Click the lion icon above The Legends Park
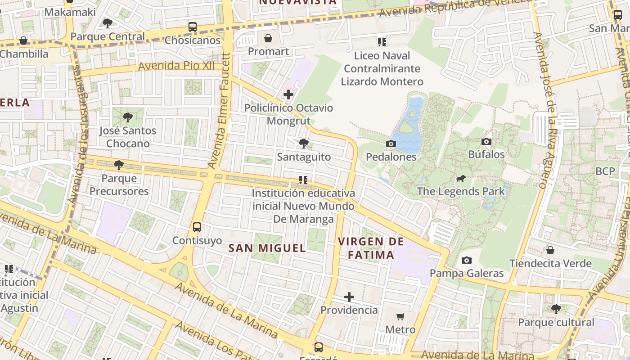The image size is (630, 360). [x=461, y=179]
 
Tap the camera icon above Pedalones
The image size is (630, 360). [x=391, y=144]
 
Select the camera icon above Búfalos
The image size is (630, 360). [x=486, y=142]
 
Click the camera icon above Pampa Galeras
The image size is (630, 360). [x=467, y=260]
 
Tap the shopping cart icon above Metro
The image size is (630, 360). [x=400, y=316]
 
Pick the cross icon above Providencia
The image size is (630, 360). [x=349, y=297]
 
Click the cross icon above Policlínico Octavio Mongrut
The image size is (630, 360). [x=288, y=94]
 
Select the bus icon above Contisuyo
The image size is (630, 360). [x=197, y=227]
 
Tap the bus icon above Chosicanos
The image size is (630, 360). [x=193, y=27]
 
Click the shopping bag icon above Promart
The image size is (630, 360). [x=268, y=38]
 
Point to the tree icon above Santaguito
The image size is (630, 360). [x=304, y=144]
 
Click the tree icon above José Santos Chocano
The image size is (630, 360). [x=128, y=117]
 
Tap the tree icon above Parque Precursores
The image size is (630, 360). [x=119, y=165]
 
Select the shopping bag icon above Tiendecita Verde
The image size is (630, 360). [x=550, y=250]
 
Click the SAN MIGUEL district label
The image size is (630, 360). [x=267, y=248]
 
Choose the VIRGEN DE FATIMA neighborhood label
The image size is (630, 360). [x=371, y=248]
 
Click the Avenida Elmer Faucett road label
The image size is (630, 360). [x=220, y=110]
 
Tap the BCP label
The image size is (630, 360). [x=605, y=171]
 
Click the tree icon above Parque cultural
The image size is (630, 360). [x=556, y=309]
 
